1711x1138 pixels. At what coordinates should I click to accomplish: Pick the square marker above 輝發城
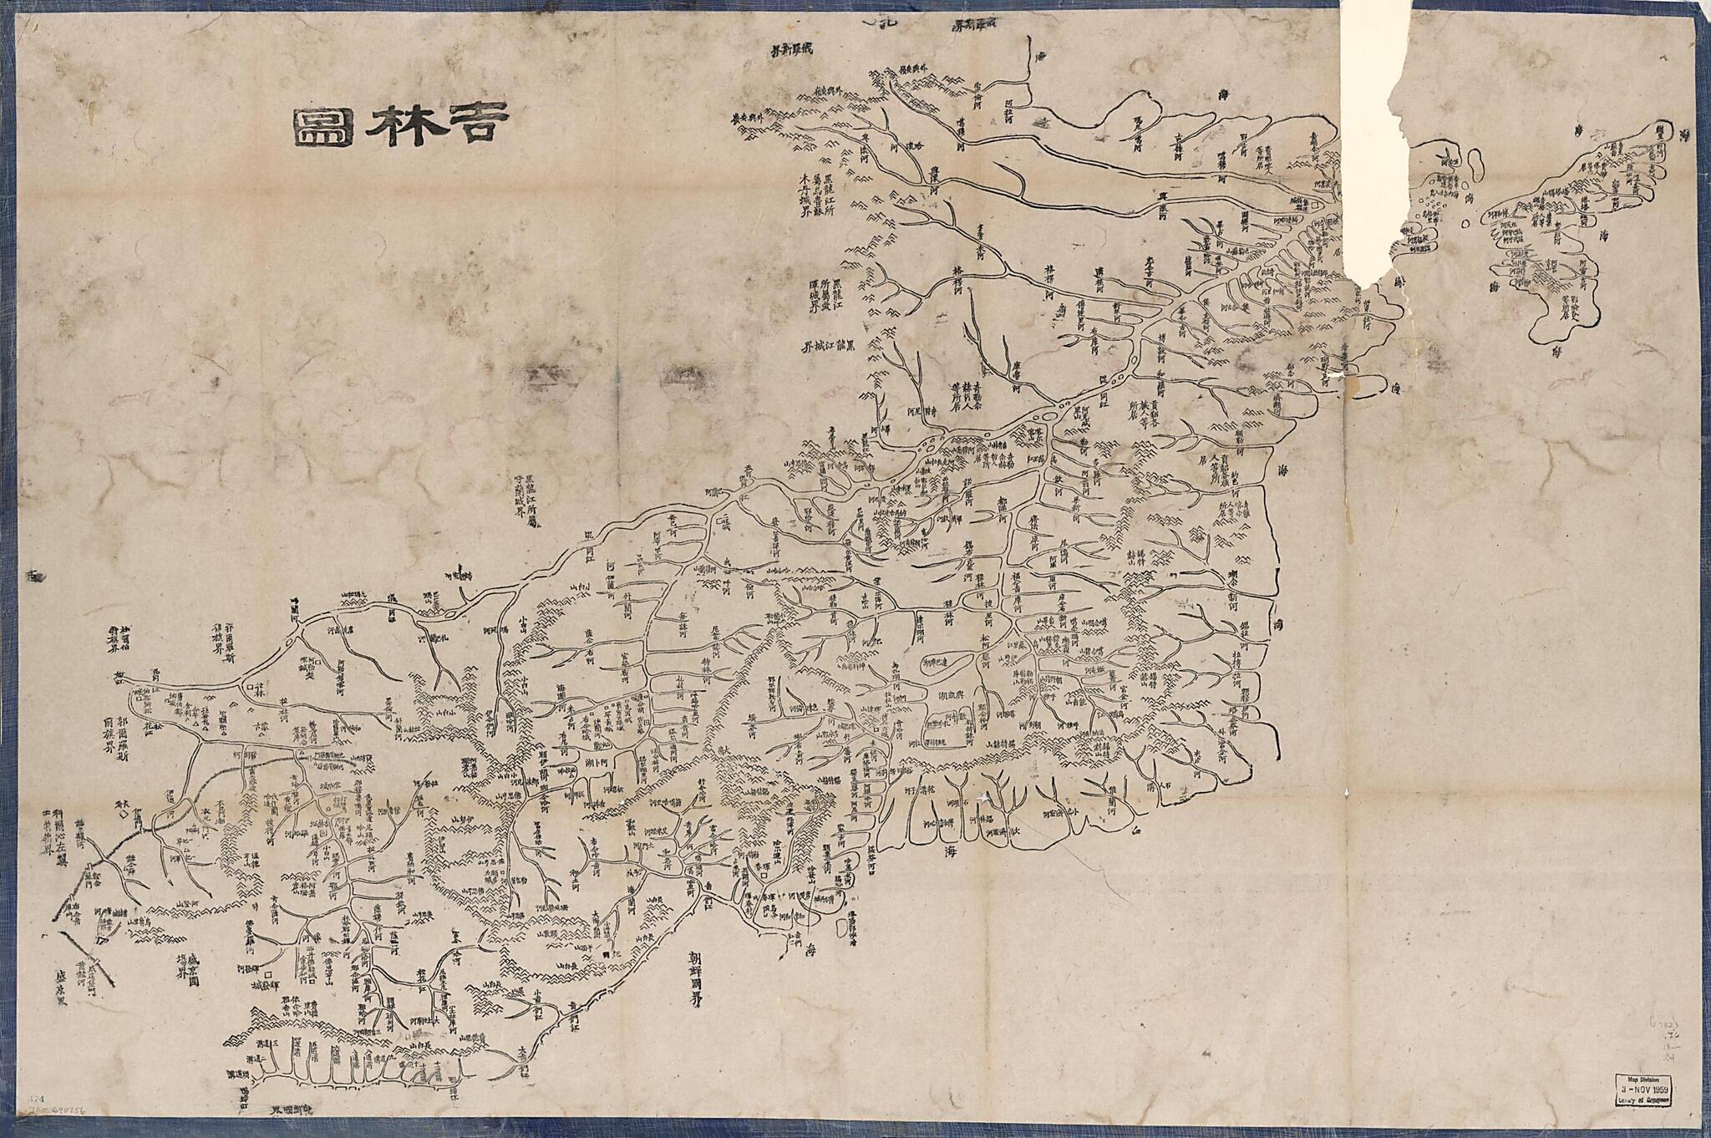tap(269, 974)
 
